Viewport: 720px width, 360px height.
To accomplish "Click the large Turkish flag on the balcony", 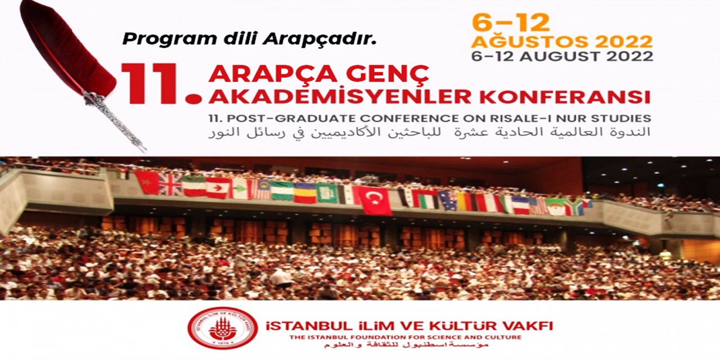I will click(376, 200).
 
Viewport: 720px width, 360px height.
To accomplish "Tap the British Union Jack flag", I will click(170, 184).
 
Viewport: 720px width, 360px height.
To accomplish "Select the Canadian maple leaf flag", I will click(218, 188).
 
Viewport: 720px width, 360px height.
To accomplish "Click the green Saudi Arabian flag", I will click(327, 193).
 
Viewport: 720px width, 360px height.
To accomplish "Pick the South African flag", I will click(574, 207).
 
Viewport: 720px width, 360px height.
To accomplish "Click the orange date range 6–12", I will click(510, 22).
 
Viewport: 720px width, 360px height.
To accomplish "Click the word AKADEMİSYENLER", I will click(339, 96).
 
